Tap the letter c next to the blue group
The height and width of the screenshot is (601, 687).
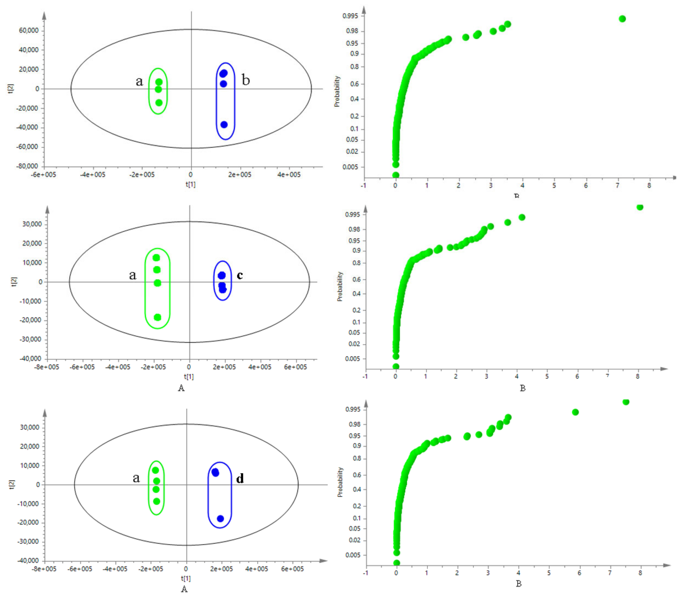(x=239, y=275)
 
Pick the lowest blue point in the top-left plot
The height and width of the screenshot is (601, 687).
(x=224, y=125)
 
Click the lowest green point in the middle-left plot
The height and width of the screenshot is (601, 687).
(x=157, y=317)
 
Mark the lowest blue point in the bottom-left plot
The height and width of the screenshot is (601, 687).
(x=220, y=519)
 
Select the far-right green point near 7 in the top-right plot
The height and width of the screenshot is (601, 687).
(x=622, y=19)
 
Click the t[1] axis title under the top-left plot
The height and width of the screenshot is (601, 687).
(x=190, y=184)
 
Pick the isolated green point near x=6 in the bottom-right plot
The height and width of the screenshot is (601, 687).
(x=575, y=412)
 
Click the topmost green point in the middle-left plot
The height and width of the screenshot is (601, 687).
(x=156, y=258)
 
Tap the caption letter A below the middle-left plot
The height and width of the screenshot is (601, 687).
(x=181, y=388)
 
